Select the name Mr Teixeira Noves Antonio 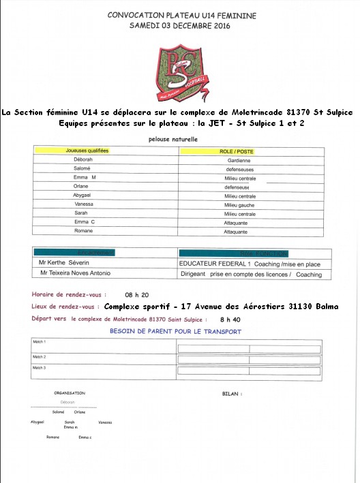(x=75, y=274)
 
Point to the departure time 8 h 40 (x=230, y=319)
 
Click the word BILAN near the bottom (x=232, y=394)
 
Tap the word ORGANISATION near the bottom (x=70, y=393)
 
